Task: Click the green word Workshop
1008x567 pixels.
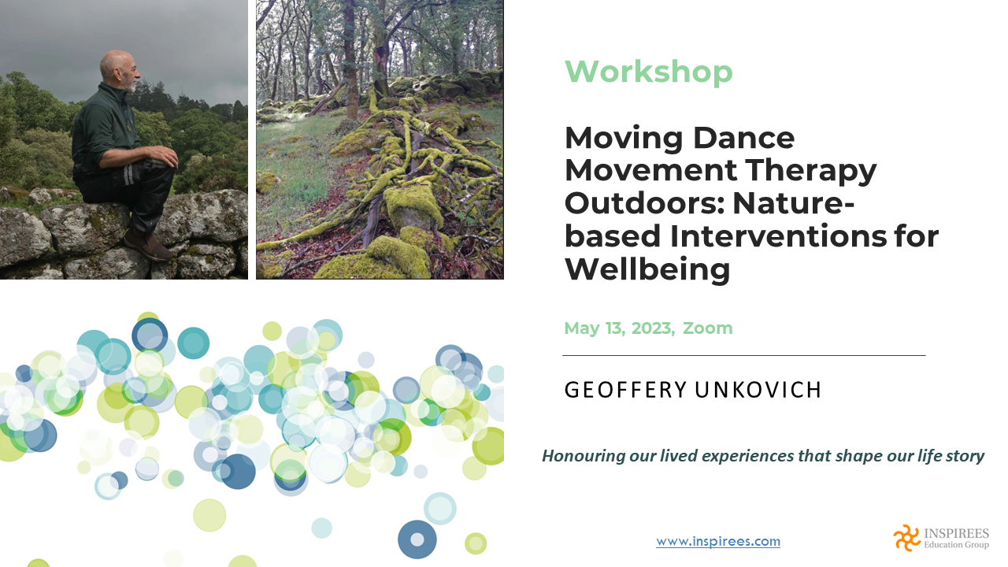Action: [x=648, y=72]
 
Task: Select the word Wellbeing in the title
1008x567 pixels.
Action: [x=647, y=269]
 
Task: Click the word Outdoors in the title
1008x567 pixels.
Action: [x=644, y=203]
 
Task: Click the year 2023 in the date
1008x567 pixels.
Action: [x=653, y=328]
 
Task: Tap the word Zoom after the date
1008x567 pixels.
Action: [x=707, y=328]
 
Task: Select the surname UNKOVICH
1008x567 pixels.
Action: [x=758, y=390]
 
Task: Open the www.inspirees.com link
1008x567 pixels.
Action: [x=718, y=541]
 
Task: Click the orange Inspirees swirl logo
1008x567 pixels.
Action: [x=907, y=538]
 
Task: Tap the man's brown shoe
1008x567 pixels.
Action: [x=147, y=243]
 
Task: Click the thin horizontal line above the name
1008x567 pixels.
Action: [x=744, y=355]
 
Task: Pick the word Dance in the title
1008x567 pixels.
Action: [x=744, y=138]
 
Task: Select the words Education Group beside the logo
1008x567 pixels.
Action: [x=956, y=545]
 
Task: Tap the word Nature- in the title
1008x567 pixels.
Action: [x=793, y=203]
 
